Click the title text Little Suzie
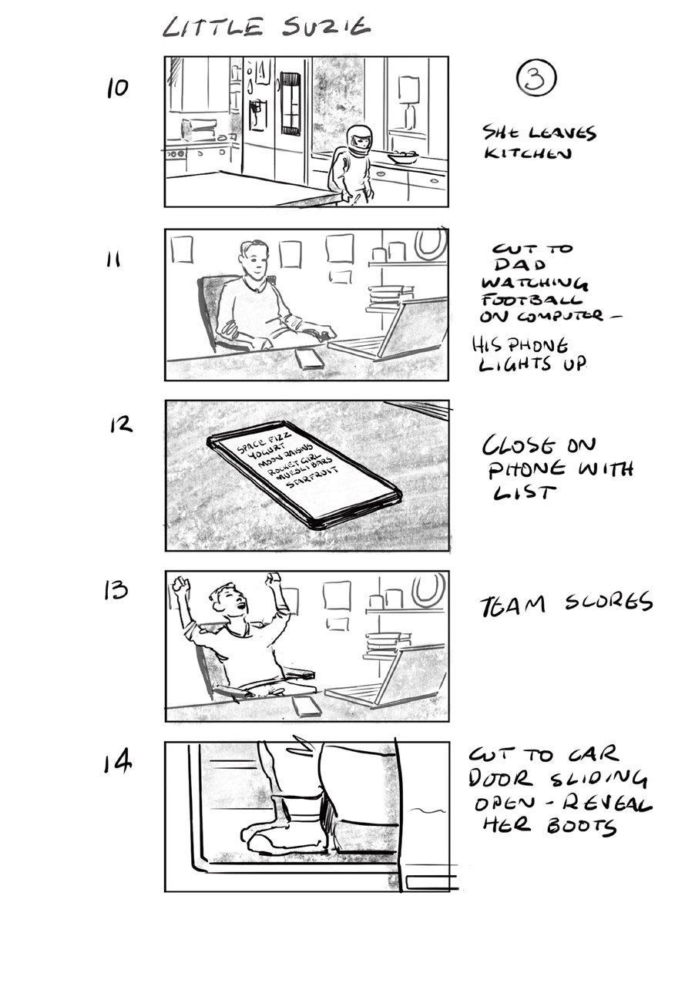(x=266, y=28)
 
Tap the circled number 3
(x=536, y=79)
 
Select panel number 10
(x=117, y=89)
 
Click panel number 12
(x=121, y=425)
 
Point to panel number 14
(x=118, y=763)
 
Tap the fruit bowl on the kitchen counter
(x=402, y=157)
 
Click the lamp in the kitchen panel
(x=408, y=100)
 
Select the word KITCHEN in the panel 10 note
(x=528, y=153)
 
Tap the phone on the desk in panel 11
(x=310, y=358)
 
